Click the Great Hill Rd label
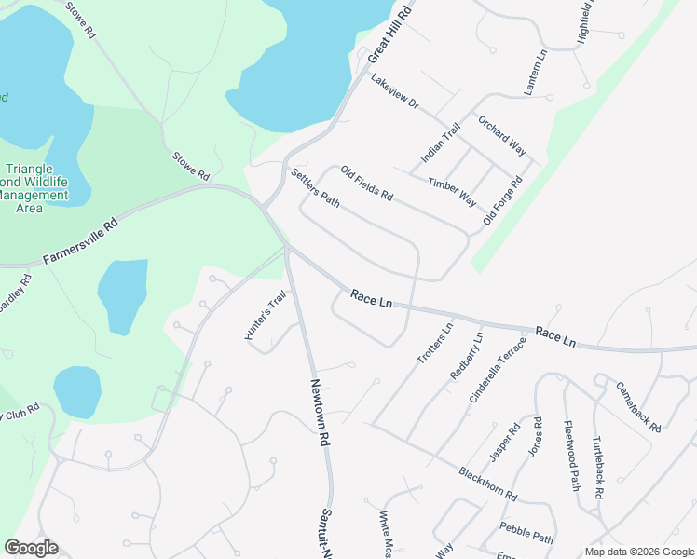pos(389,33)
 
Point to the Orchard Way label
pos(502,136)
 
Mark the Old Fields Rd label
pos(367,184)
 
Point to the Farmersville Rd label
pos(81,241)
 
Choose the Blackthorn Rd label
pos(487,484)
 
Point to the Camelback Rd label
pos(639,406)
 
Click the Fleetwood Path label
pos(572,454)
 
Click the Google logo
pos(31,548)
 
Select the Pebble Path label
pos(526,532)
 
